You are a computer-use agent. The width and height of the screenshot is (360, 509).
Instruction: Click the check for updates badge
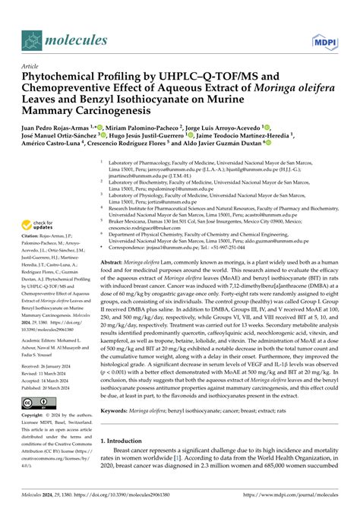43,226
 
